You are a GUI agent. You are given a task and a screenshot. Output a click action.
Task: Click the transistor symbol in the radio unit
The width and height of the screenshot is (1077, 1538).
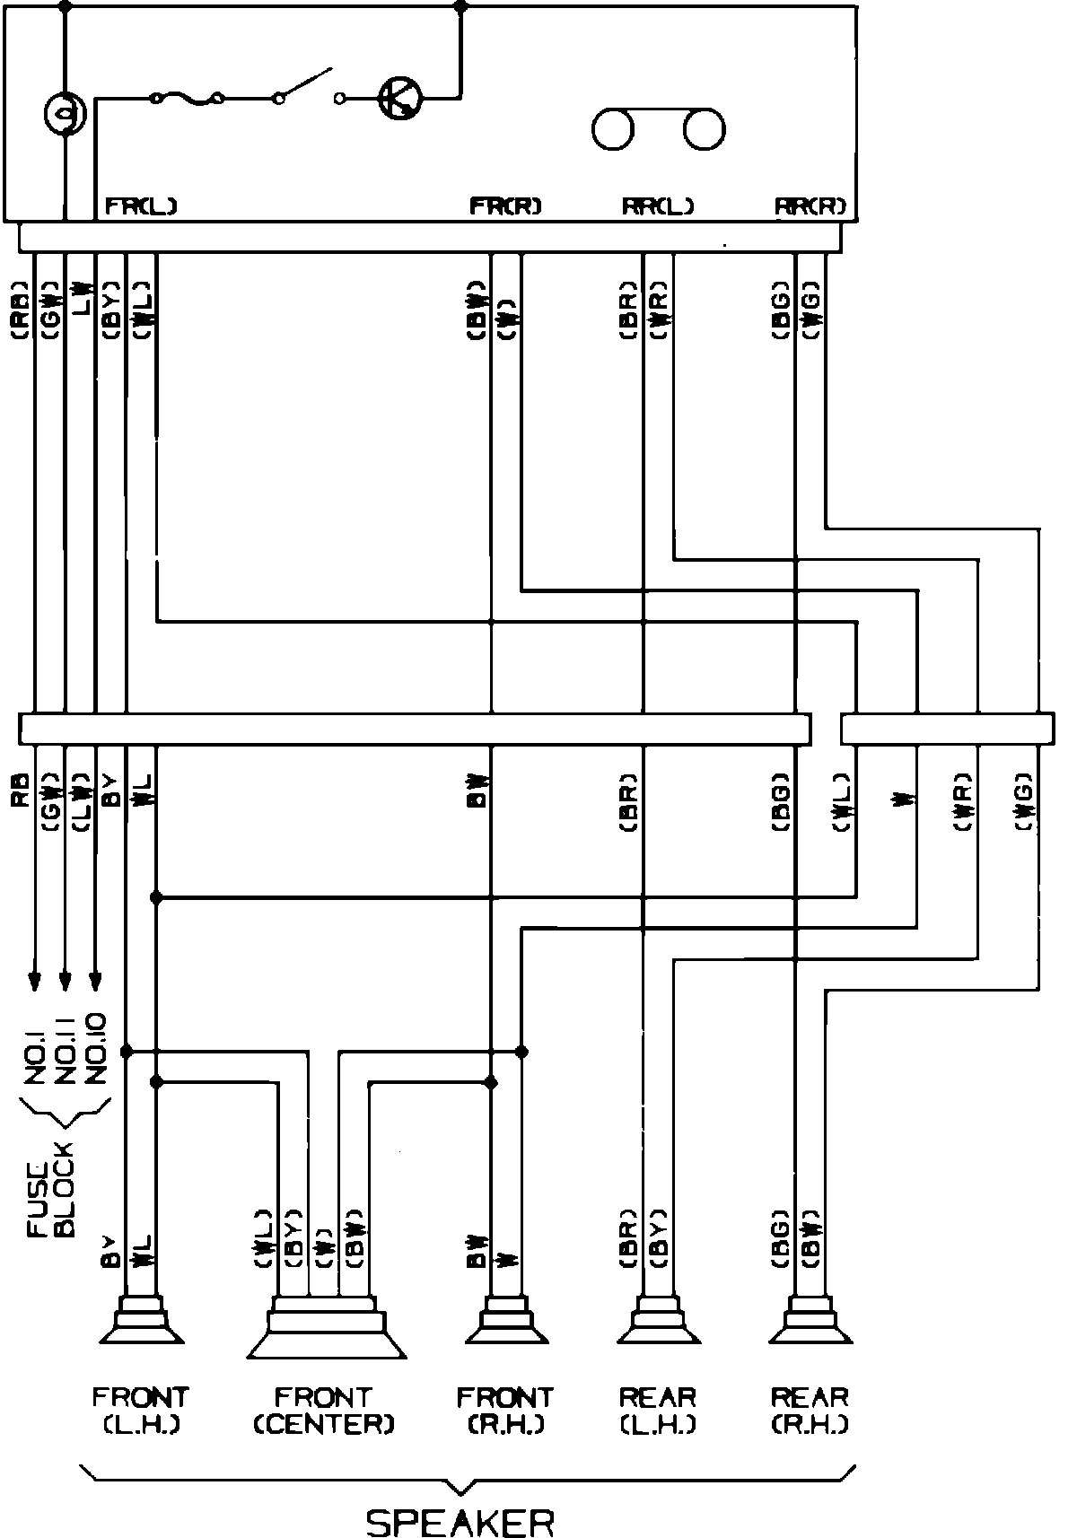point(400,97)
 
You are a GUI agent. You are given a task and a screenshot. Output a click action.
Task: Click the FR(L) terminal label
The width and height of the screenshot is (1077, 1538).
point(141,206)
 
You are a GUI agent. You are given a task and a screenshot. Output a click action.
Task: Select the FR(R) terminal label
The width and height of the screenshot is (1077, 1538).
point(506,206)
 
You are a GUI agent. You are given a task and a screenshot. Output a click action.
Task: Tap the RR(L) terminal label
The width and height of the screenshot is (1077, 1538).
point(658,206)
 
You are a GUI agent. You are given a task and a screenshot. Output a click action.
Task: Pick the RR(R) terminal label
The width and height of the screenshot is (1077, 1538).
point(810,206)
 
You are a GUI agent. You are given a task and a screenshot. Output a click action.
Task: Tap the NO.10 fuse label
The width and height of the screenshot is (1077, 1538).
point(96,1048)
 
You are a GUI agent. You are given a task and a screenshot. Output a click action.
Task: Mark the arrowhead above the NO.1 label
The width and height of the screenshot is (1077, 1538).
point(34,980)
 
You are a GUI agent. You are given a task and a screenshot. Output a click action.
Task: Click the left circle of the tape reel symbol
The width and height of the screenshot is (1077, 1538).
point(613,129)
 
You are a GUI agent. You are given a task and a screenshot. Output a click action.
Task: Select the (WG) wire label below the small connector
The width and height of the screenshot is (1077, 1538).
point(1025,805)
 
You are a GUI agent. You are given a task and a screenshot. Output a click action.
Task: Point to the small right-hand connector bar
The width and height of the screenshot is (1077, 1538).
point(947,729)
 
